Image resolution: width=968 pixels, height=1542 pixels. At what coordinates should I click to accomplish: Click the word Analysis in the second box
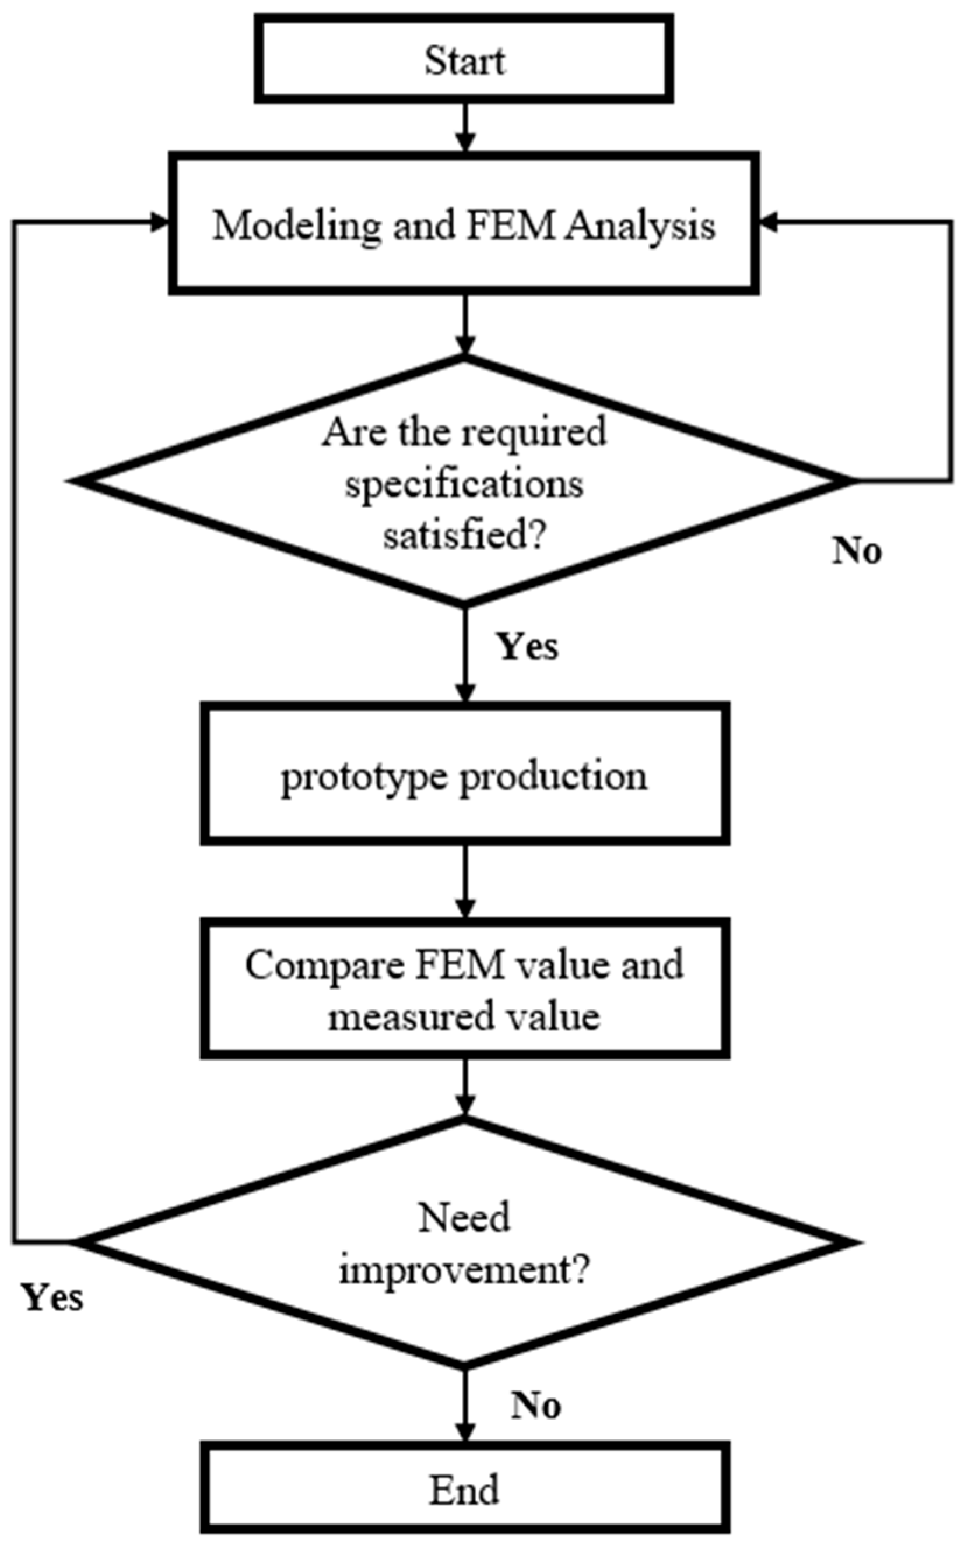click(640, 227)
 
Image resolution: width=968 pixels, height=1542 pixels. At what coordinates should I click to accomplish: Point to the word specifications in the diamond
click(464, 485)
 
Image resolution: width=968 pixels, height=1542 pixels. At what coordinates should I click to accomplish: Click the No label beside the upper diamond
click(857, 551)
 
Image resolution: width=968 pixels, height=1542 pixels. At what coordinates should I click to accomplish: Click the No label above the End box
click(536, 1406)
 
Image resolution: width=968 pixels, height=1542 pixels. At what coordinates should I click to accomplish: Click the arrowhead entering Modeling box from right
click(768, 222)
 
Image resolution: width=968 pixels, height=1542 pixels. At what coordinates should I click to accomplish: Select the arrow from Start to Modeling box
click(465, 128)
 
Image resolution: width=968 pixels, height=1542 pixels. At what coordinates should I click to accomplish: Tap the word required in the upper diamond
click(535, 434)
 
